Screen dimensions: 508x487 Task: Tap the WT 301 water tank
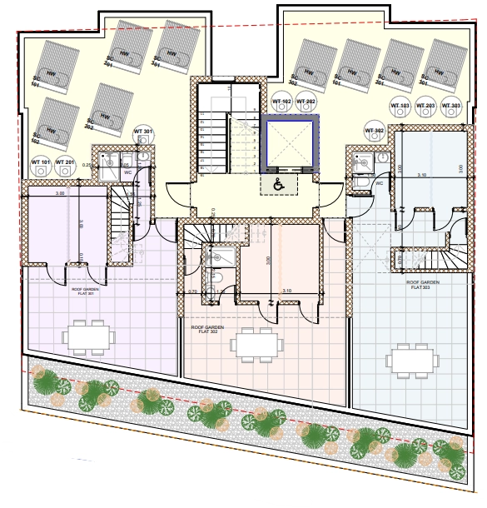coord(142,135)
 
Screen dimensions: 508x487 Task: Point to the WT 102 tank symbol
coord(281,105)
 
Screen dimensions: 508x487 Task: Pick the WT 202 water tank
coord(306,105)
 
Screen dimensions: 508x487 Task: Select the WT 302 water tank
coord(374,134)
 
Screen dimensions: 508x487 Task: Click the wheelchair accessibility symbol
coord(276,185)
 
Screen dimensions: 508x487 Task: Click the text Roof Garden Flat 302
coord(208,330)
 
